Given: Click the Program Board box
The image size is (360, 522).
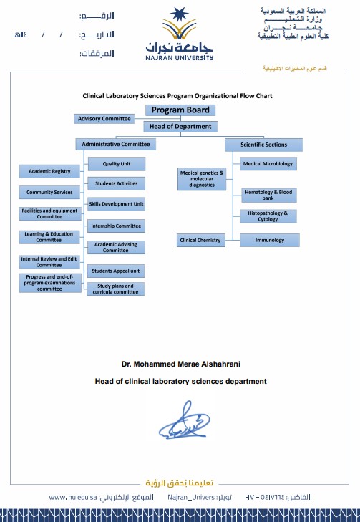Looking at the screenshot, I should click(180, 110).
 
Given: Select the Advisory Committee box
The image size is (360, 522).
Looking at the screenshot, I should click(104, 118).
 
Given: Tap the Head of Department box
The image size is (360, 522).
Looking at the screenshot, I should click(180, 127).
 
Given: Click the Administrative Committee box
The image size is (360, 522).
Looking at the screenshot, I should click(115, 145).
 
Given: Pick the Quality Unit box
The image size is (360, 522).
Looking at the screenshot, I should click(116, 164).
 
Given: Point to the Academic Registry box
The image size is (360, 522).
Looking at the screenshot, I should click(49, 171).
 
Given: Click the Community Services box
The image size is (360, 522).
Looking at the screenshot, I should click(49, 192).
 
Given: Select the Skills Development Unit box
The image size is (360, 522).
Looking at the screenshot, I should click(116, 204).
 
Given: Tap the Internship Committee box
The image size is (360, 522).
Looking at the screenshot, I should click(116, 226).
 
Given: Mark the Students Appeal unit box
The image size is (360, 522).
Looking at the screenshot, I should click(116, 271).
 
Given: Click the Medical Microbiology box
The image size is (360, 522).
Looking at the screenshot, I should click(268, 164).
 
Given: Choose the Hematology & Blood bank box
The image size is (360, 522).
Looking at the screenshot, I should click(268, 195).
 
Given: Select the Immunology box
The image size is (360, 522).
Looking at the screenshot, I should click(268, 241).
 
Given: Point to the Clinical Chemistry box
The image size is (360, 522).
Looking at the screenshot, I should click(201, 241).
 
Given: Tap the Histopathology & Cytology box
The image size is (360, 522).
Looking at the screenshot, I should click(268, 216).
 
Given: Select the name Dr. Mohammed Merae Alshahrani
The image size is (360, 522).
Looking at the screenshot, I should click(180, 364).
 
